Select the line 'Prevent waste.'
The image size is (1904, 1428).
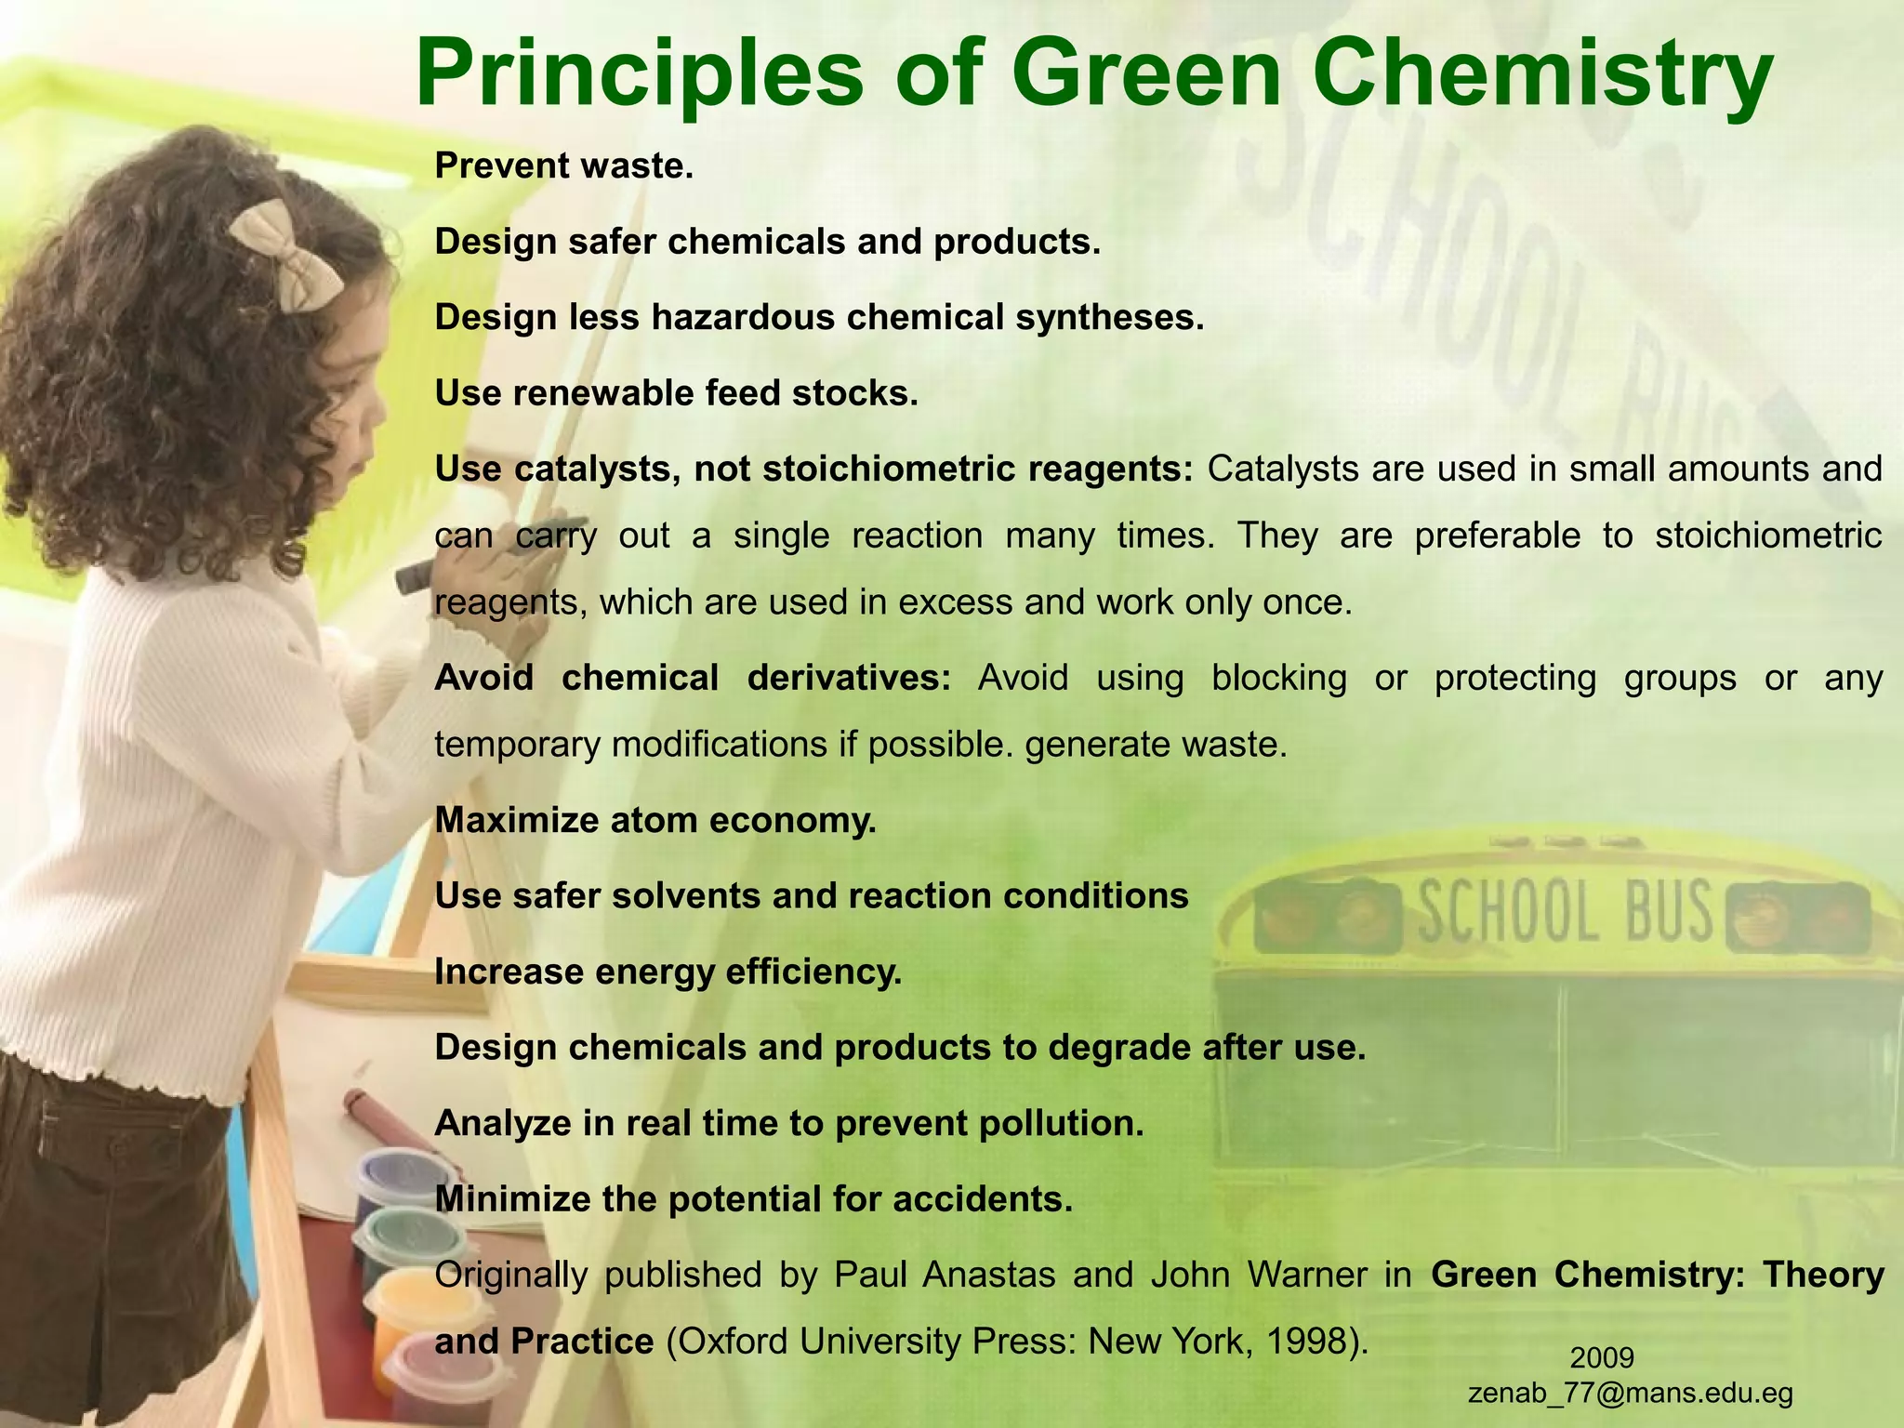coord(564,166)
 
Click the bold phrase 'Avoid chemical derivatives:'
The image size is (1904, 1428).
coord(693,678)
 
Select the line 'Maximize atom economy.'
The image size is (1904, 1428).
coord(655,820)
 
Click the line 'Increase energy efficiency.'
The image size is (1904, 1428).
coord(668,972)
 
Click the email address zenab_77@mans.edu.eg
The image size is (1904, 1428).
coord(1630,1393)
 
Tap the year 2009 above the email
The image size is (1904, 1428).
coord(1602,1357)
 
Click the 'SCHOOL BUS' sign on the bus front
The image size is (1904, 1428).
coord(1564,911)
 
